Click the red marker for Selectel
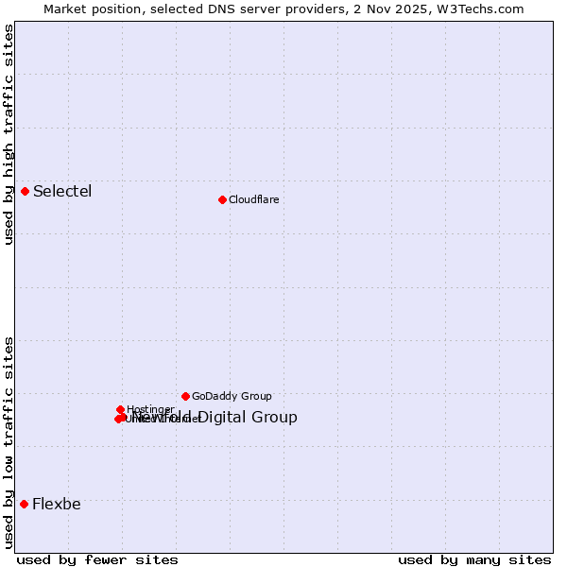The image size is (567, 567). pyautogui.click(x=25, y=191)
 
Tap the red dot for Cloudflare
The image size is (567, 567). pyautogui.click(x=222, y=199)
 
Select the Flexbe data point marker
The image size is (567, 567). pyautogui.click(x=24, y=504)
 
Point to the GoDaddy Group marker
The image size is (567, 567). pyautogui.click(x=185, y=396)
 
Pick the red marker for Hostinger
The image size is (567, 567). pyautogui.click(x=121, y=409)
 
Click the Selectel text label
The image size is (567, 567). pyautogui.click(x=62, y=192)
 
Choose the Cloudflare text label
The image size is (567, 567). pyautogui.click(x=253, y=199)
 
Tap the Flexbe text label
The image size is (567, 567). pyautogui.click(x=57, y=504)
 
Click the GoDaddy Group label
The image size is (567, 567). pyautogui.click(x=232, y=396)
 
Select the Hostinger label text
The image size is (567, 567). pyautogui.click(x=150, y=409)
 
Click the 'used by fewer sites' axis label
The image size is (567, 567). pyautogui.click(x=97, y=559)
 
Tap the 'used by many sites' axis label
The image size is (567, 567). pyautogui.click(x=474, y=559)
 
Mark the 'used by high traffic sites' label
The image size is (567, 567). pyautogui.click(x=9, y=135)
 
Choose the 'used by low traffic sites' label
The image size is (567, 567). pyautogui.click(x=9, y=441)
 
